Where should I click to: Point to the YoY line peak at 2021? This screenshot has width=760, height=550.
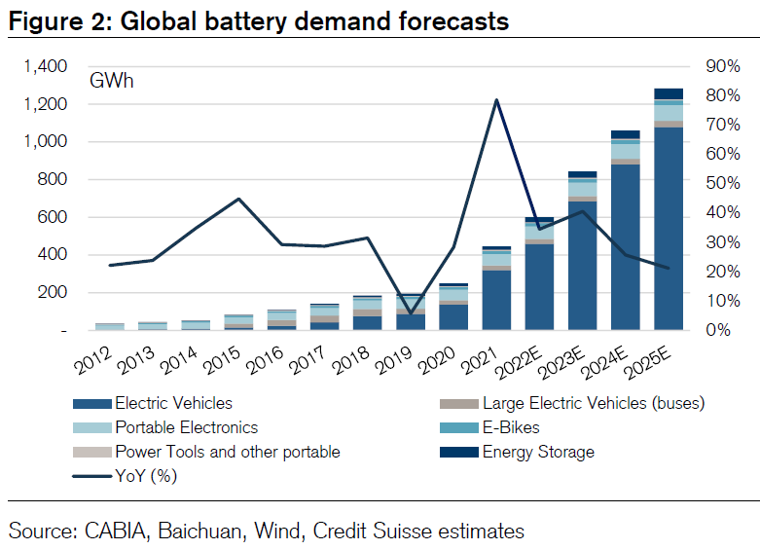496,100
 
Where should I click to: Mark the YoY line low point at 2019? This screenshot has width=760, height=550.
411,312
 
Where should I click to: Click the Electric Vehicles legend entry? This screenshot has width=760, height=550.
174,402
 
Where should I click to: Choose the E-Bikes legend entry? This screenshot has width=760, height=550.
511,427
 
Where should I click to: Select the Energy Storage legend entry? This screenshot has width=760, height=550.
538,452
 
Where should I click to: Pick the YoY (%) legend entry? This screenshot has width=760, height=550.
146,476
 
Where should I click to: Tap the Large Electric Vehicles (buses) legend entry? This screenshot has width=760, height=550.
593,402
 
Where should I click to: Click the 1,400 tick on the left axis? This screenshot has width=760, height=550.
46,66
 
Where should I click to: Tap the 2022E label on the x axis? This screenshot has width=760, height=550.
528,365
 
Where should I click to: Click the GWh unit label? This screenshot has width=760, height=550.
112,81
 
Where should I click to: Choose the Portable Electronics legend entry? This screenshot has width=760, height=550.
187,427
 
